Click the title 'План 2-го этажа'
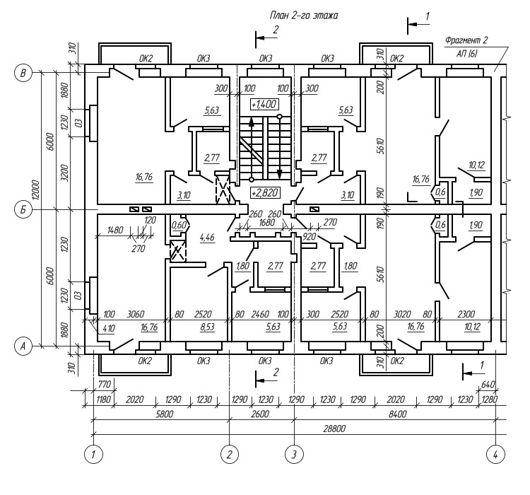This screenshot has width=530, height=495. [x=304, y=16]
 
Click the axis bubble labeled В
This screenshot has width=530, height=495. [x=23, y=73]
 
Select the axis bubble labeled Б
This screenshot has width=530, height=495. [x=23, y=210]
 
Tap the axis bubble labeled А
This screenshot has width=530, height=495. [x=23, y=346]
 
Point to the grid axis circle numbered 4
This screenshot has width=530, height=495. [x=495, y=455]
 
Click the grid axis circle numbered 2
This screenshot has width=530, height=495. [x=230, y=455]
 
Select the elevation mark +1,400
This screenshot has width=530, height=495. [x=264, y=104]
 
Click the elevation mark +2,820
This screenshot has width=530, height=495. [x=265, y=193]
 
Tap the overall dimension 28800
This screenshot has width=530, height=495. [x=334, y=429]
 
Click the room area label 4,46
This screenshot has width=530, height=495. [x=207, y=237]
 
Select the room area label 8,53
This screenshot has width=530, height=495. [x=207, y=327]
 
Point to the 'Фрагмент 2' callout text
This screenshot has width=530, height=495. [x=466, y=40]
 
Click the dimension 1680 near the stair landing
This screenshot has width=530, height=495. [x=266, y=222]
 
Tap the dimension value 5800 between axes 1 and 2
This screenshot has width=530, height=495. [x=164, y=414]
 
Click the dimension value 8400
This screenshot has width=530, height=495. [x=397, y=414]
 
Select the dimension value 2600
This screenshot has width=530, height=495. [x=259, y=414]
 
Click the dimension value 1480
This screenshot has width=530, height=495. [x=115, y=230]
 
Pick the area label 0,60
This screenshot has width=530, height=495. [x=179, y=225]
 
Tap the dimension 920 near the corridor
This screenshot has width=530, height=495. [x=310, y=236]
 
